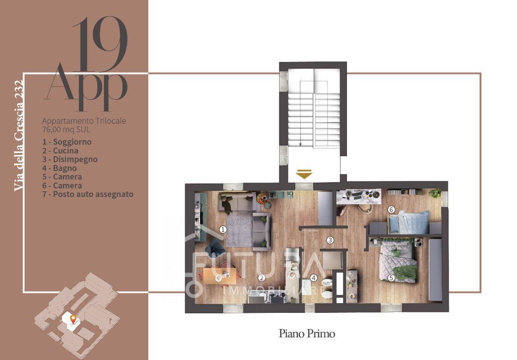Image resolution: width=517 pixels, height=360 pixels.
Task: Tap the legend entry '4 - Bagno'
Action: click(59, 168)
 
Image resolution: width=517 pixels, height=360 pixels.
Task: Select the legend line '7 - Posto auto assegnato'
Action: click(88, 194)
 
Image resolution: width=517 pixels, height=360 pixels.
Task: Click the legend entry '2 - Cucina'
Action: click(61, 151)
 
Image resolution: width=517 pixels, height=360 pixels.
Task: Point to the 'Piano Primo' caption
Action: click(307, 334)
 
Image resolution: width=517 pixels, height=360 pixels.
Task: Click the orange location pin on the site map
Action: click(73, 319)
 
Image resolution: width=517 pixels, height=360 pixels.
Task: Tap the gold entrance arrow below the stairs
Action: click(304, 174)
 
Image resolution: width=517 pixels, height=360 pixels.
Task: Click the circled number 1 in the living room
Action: click(223, 229)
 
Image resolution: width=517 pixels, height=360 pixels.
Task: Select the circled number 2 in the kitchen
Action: click(262, 278)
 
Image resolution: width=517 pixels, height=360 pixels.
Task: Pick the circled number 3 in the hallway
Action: click(330, 240)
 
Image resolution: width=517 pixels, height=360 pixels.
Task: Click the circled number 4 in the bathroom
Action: click(314, 278)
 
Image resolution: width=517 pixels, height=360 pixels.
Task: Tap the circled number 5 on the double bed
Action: click(391, 278)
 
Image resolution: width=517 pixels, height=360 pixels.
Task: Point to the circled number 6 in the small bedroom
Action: click(391, 209)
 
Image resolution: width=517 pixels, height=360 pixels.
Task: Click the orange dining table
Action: click(219, 276)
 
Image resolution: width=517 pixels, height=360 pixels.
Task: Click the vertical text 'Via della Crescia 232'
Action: click(18, 135)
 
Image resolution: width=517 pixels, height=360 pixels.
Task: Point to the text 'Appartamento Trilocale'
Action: click(84, 121)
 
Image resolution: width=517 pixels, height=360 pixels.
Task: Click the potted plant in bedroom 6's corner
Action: click(435, 193)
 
